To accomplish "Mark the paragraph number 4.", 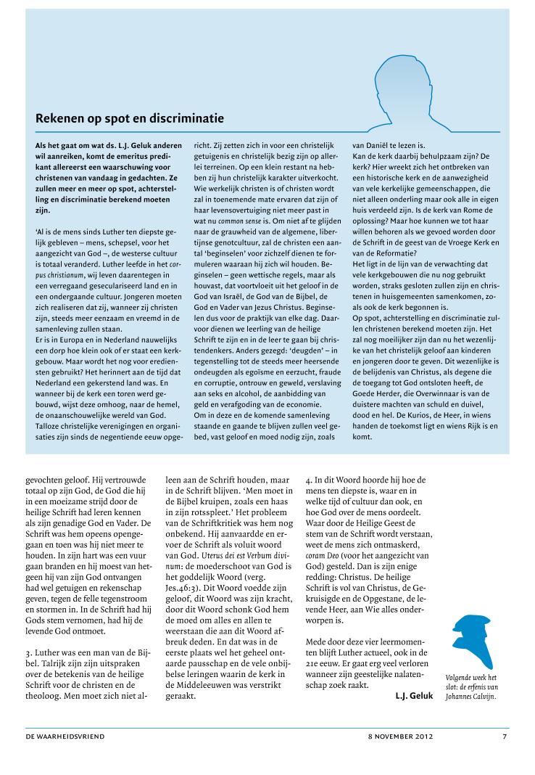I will [x=308, y=480].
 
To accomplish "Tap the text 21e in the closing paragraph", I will [x=314, y=655].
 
